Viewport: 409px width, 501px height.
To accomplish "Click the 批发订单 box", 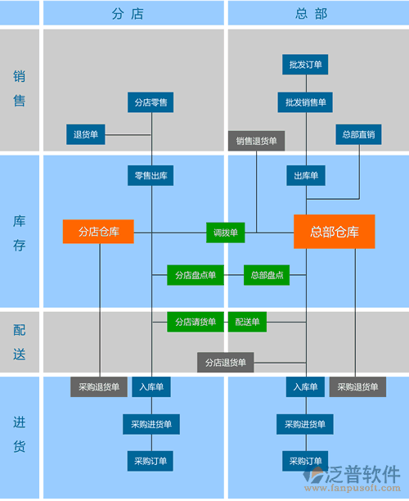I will tap(306, 64).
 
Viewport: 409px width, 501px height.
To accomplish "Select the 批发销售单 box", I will tap(306, 102).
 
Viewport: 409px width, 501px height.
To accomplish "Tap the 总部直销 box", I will tap(358, 134).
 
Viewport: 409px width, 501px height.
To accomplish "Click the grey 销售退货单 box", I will tap(257, 141).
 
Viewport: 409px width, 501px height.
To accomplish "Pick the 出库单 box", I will tap(306, 175).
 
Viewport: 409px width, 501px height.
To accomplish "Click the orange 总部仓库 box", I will tap(335, 232).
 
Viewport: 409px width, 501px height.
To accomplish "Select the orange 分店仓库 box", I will tap(98, 232).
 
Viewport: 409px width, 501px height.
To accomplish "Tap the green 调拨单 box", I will tap(225, 232).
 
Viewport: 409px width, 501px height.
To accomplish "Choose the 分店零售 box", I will tap(151, 102).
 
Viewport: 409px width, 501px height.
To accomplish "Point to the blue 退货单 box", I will tap(86, 134).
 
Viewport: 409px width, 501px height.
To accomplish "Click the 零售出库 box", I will tap(151, 175).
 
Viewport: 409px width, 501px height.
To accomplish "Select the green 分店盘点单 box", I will tap(196, 275).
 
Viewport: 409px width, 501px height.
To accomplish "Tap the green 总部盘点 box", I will tap(267, 275).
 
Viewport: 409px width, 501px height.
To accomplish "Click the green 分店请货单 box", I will tap(196, 322).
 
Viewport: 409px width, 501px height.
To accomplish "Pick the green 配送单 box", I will tap(247, 322).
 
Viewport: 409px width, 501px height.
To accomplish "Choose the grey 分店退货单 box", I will tap(225, 362).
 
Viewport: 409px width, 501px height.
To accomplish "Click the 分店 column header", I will tap(133, 14).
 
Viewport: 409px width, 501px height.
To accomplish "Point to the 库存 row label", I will tap(20, 232).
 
